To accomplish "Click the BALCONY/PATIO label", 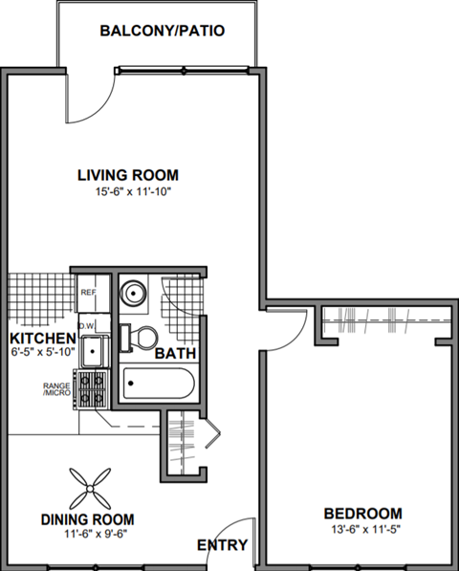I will (x=162, y=31).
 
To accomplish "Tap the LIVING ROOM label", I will (x=128, y=175).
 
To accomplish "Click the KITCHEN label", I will (x=42, y=339).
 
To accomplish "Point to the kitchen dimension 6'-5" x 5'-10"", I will (x=42, y=353).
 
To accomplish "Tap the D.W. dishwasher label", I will (x=85, y=325).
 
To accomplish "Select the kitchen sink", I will (x=93, y=352).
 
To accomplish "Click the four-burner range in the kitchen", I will (x=93, y=389).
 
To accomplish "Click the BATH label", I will (x=176, y=353).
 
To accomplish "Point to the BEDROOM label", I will (x=361, y=512).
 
